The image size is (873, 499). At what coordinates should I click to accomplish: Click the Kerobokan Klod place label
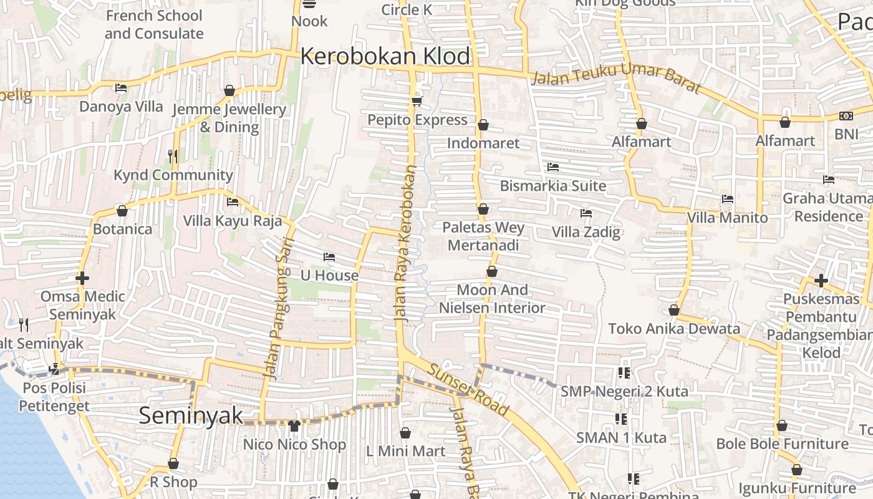(x=385, y=56)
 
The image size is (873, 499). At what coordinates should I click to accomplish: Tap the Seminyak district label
(x=191, y=415)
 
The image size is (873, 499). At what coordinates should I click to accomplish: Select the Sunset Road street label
(x=468, y=388)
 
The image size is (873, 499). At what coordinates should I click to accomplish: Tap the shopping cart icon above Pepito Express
(x=417, y=101)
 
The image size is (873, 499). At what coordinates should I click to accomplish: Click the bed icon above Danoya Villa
(x=121, y=88)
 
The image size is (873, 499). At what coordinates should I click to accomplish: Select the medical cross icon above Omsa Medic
(x=82, y=278)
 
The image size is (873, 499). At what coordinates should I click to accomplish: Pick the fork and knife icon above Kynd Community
(x=173, y=157)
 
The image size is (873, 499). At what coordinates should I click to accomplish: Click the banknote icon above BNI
(x=846, y=116)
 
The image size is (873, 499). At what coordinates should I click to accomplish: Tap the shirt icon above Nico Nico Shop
(x=294, y=426)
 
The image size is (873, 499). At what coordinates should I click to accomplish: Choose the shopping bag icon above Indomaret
(x=483, y=125)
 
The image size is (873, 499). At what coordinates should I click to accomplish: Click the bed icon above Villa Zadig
(x=586, y=213)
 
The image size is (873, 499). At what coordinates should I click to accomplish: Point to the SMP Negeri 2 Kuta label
(x=624, y=391)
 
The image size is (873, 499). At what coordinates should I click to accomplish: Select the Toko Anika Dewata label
(x=674, y=328)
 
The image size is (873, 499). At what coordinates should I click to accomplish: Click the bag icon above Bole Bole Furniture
(x=782, y=425)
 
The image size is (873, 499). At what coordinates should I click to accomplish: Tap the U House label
(x=329, y=275)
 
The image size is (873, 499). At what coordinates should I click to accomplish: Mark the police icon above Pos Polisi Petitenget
(x=54, y=369)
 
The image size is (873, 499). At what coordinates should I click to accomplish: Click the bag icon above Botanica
(x=122, y=211)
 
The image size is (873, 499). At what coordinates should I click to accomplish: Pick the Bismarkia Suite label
(x=552, y=185)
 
